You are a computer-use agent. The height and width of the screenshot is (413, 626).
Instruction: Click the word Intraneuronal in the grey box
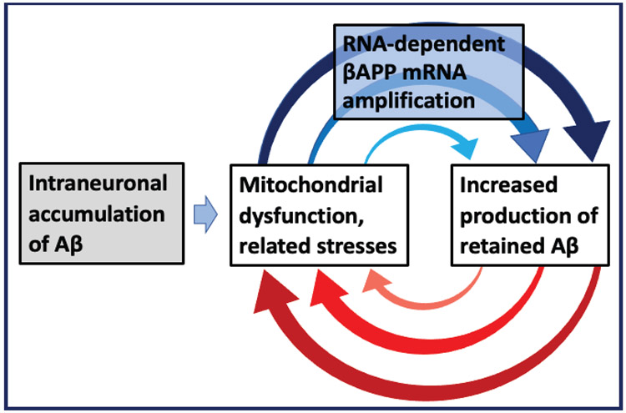point(98,184)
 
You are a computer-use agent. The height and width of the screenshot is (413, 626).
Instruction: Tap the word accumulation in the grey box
point(97,214)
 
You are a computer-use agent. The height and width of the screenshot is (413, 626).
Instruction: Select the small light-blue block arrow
point(205,214)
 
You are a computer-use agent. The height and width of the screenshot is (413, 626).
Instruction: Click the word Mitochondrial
point(310,185)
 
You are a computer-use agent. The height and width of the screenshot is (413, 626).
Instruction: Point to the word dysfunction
point(301,217)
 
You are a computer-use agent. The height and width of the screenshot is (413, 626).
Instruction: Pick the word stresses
point(357,246)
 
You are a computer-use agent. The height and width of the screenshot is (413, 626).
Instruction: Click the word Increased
point(508,185)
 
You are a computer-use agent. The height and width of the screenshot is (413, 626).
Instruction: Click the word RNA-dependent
point(424,44)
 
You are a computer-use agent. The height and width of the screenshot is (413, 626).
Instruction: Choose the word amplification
point(409,101)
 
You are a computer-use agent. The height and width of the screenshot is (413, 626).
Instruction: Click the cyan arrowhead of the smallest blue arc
point(467,147)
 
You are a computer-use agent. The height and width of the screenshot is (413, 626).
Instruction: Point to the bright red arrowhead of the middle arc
point(326,287)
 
